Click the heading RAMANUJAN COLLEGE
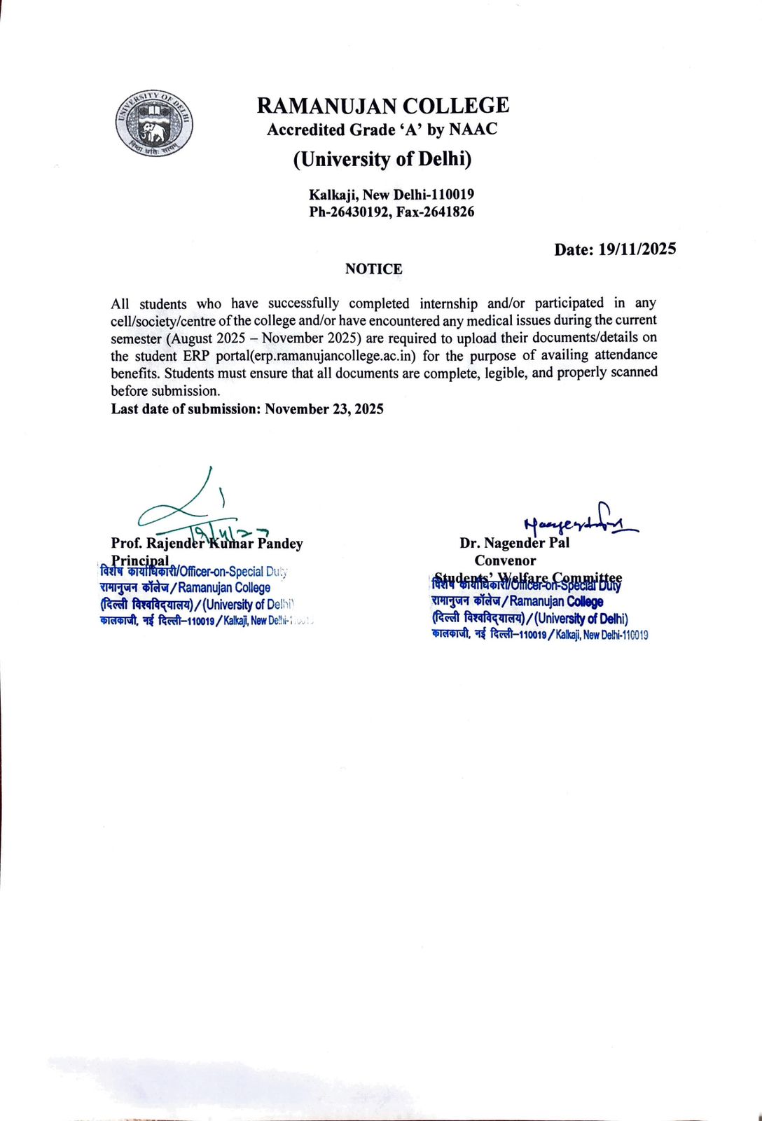pos(382,106)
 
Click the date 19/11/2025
pos(637,249)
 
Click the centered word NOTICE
pos(373,269)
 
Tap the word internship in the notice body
pos(448,303)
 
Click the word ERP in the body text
pos(197,355)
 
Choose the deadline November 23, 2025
pos(324,409)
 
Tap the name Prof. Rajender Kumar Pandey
pos(207,543)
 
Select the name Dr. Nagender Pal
pos(514,543)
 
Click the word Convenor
pos(505,560)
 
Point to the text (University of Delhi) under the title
pos(382,160)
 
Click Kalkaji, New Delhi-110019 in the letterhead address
pos(392,195)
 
